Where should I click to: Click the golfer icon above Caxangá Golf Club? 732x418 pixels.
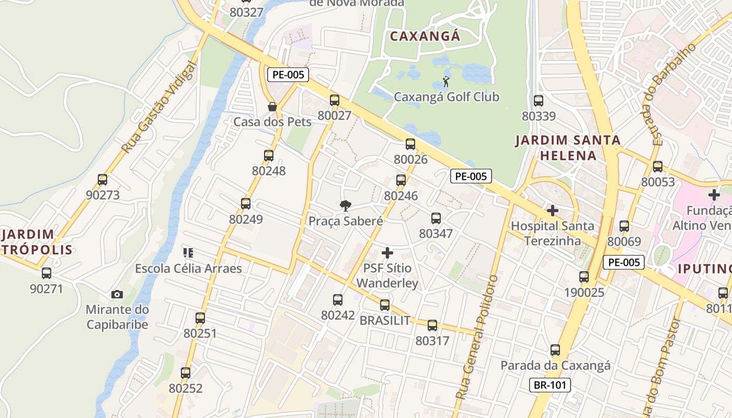[x=446, y=82]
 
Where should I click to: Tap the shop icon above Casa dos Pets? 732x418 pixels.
[x=272, y=107]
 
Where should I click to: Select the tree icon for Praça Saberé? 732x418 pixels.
[x=345, y=206]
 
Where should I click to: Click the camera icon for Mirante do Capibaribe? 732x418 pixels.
[x=117, y=294]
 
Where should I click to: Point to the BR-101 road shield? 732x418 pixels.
[x=549, y=386]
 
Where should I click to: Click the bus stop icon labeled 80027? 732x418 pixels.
[x=334, y=100]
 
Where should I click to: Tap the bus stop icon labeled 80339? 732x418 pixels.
[x=539, y=101]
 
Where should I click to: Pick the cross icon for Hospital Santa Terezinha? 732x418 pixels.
[x=552, y=211]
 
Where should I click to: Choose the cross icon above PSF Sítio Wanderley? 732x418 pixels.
[x=387, y=253]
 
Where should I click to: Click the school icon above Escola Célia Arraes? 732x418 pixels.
[x=188, y=253]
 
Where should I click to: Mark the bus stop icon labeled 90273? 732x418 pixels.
[x=102, y=180]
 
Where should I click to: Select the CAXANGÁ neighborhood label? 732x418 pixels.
[x=425, y=36]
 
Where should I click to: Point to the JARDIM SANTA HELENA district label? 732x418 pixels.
[x=568, y=148]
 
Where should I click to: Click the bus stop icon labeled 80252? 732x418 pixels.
[x=186, y=373]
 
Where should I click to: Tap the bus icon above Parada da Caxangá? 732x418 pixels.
[x=555, y=350]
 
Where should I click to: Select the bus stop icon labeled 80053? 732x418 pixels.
[x=658, y=167]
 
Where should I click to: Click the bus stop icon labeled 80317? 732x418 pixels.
[x=432, y=326]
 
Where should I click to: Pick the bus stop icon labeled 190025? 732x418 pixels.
[x=584, y=277]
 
